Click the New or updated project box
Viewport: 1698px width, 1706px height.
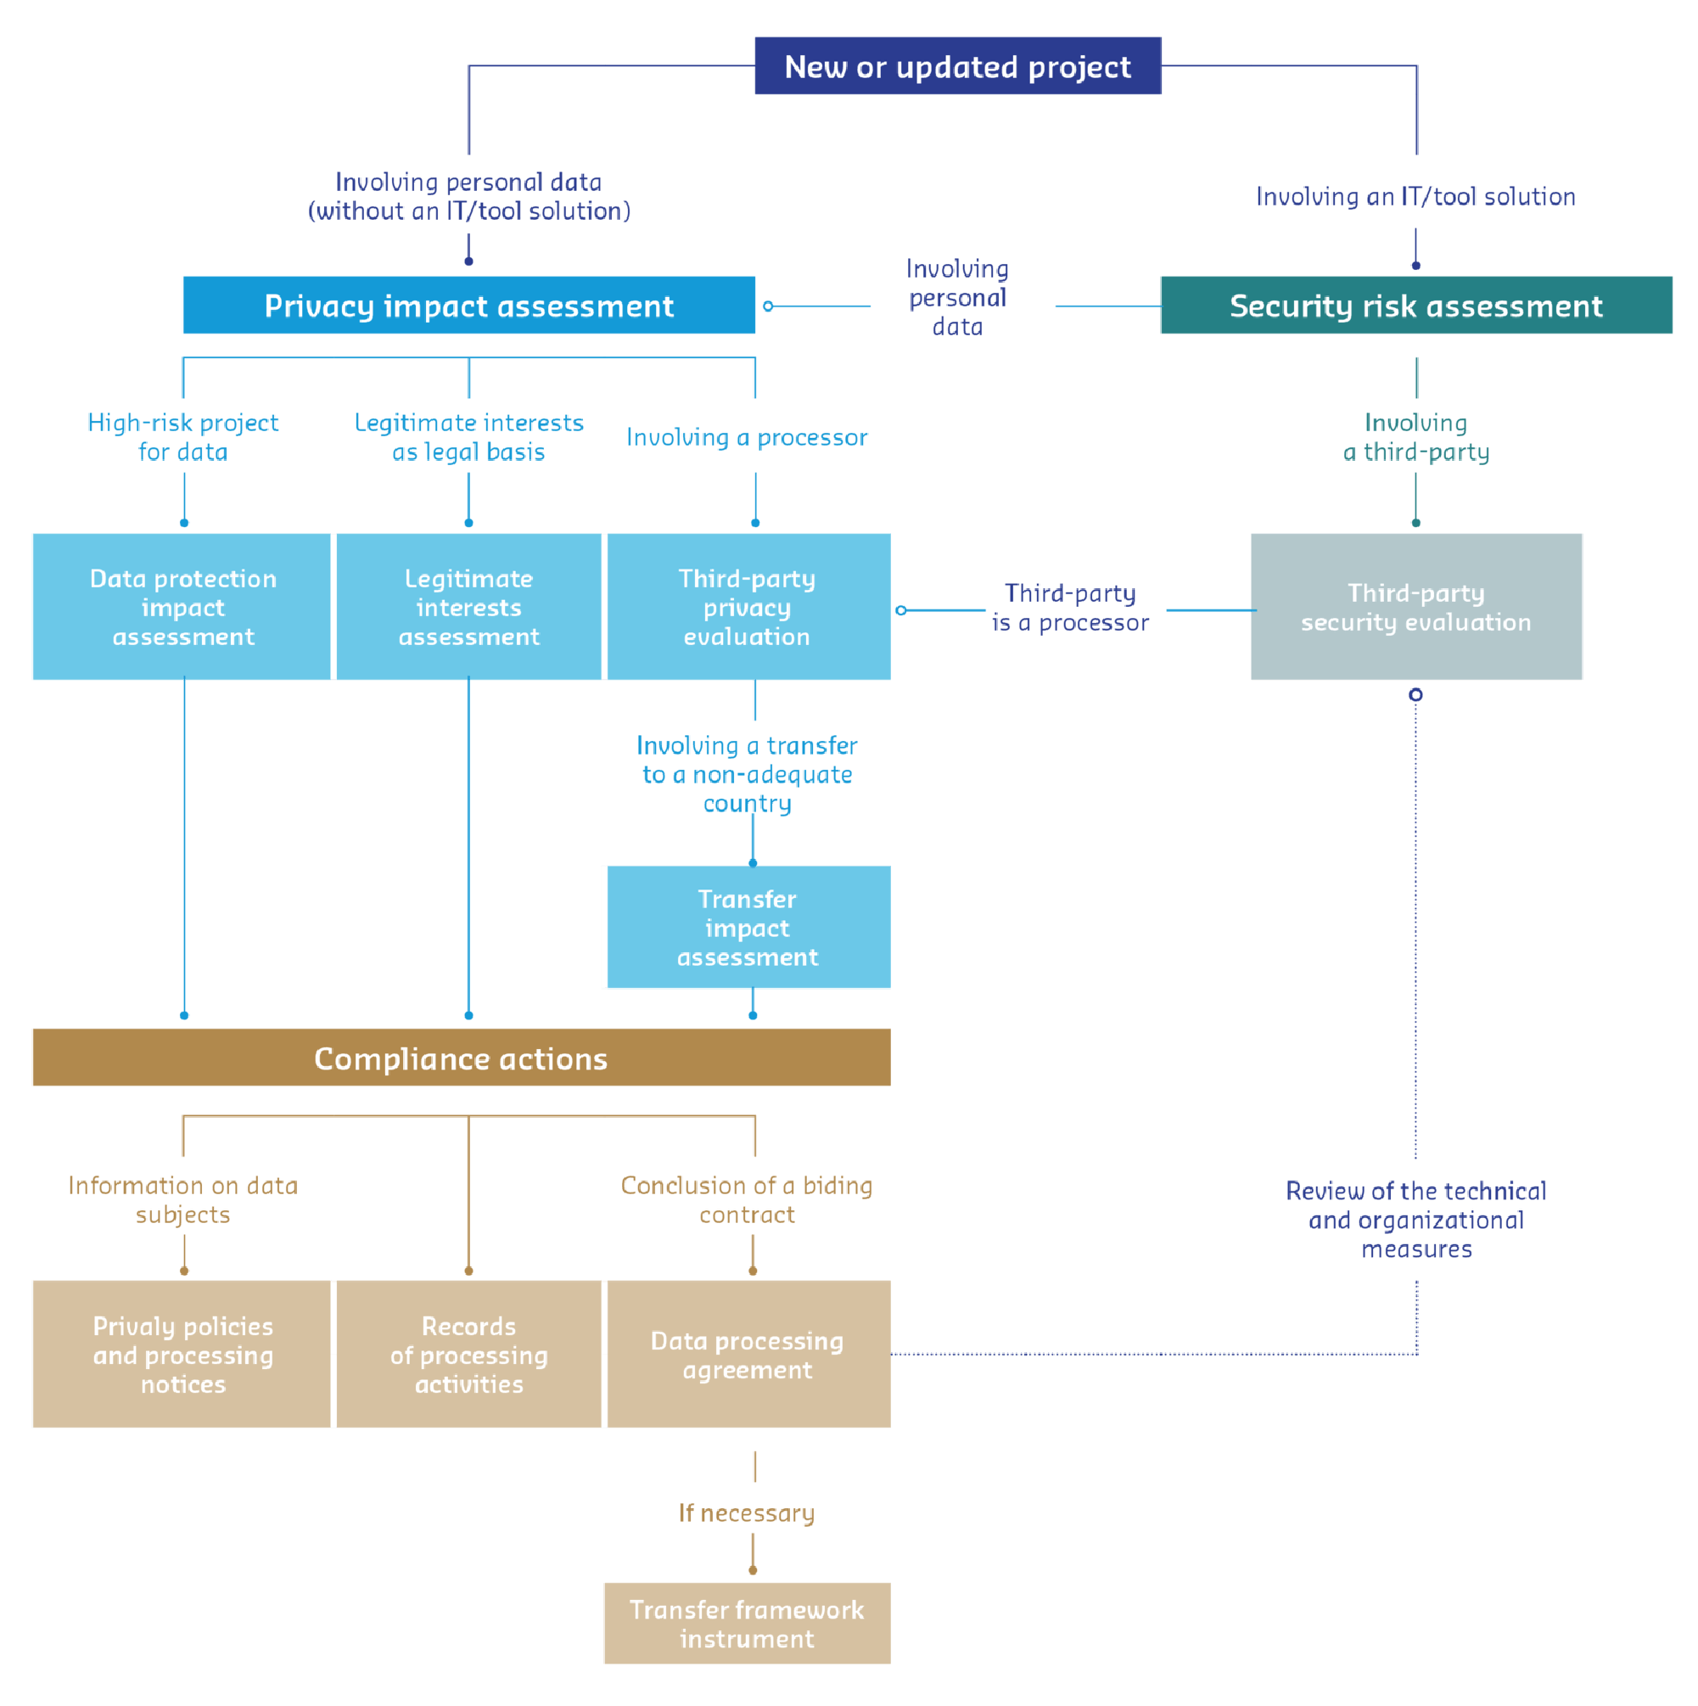point(957,66)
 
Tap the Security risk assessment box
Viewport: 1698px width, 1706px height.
point(1415,306)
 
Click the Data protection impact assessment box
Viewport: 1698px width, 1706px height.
point(182,607)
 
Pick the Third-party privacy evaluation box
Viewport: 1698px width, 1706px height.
point(747,607)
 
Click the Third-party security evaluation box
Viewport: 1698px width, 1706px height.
point(1415,607)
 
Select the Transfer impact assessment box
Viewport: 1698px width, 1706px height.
point(747,927)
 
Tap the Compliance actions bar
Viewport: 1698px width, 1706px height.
point(460,1057)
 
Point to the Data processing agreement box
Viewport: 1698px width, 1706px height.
point(747,1354)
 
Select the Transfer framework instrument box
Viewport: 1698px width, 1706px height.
point(747,1623)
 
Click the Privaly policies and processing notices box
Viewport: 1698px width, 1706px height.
point(182,1354)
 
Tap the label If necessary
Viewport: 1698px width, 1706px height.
point(746,1512)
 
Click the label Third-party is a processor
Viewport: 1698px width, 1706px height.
point(1070,608)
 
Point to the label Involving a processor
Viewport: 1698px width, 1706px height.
point(747,437)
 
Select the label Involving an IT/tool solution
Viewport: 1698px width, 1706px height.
point(1415,196)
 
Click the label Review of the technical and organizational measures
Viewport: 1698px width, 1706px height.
point(1415,1220)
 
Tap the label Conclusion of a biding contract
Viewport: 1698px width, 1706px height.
point(747,1199)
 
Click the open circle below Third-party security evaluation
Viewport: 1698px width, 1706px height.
point(1415,695)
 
